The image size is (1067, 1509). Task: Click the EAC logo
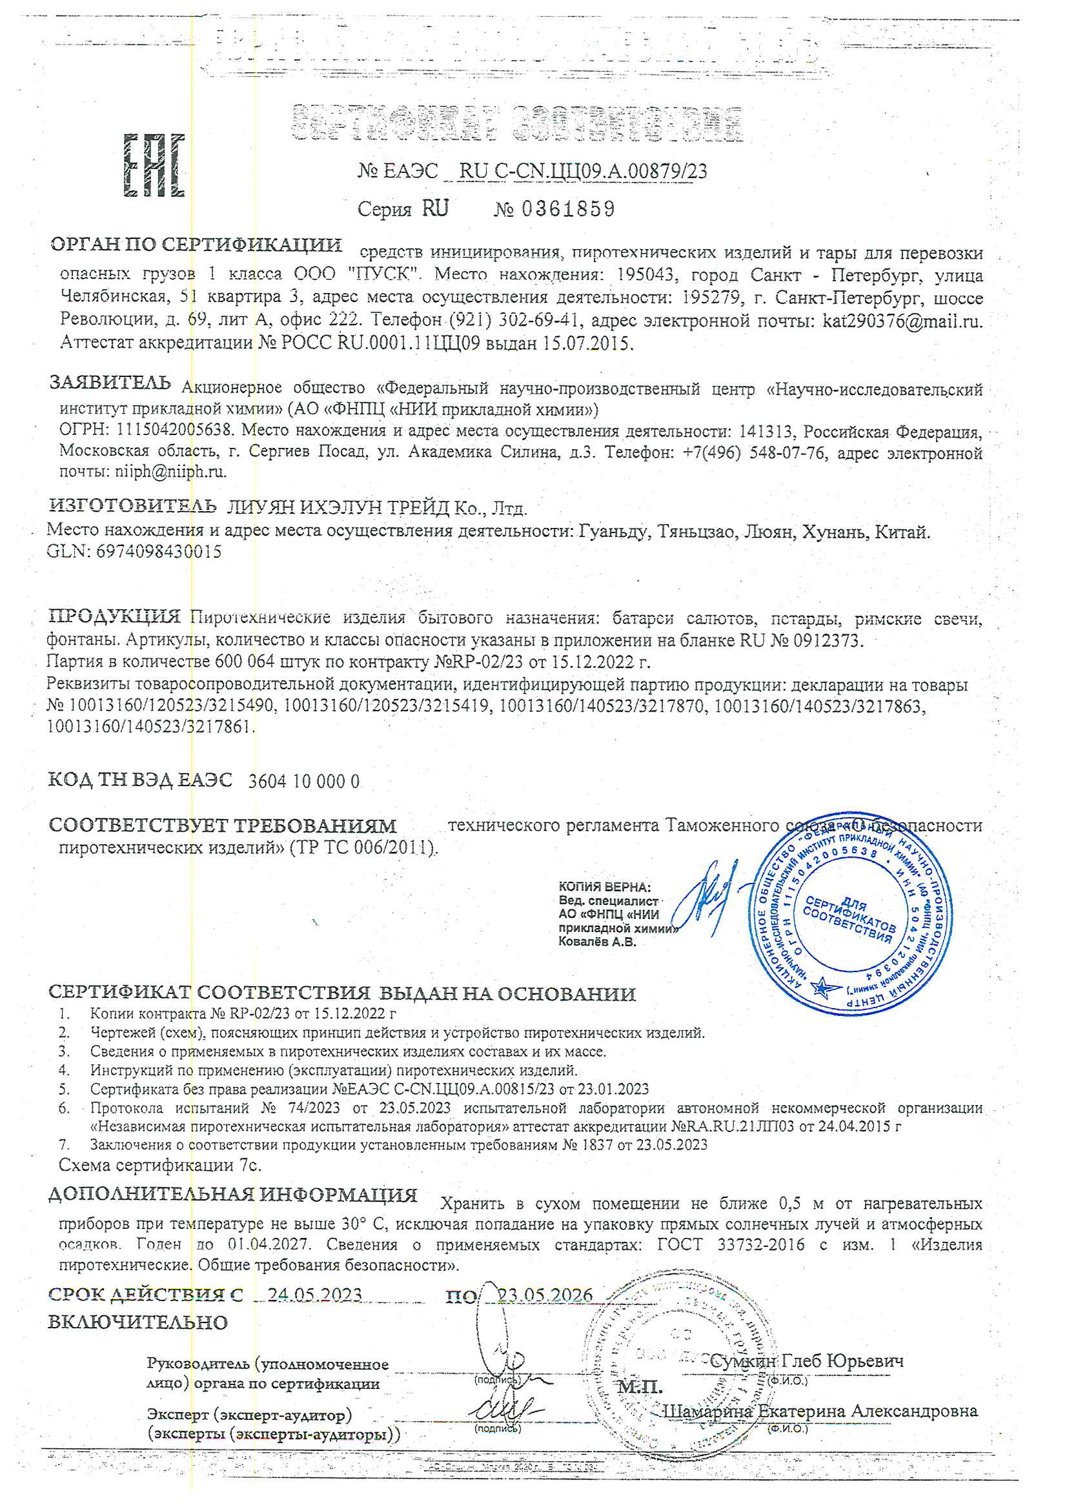(154, 166)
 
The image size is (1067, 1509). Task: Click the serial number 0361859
(568, 209)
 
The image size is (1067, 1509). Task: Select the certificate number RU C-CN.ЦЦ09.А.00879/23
(583, 171)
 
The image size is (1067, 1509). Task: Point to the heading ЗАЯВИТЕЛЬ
(110, 383)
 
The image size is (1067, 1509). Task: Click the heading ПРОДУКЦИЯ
(115, 616)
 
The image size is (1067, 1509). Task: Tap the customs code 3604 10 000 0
(304, 782)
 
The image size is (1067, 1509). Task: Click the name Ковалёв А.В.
(597, 942)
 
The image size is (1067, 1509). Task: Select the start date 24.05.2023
(314, 1294)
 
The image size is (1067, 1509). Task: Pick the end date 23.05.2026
(545, 1294)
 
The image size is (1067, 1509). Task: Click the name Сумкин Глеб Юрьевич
(807, 1361)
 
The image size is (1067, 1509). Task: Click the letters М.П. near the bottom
(640, 1387)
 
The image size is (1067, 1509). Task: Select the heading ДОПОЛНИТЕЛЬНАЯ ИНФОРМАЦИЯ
(233, 1194)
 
